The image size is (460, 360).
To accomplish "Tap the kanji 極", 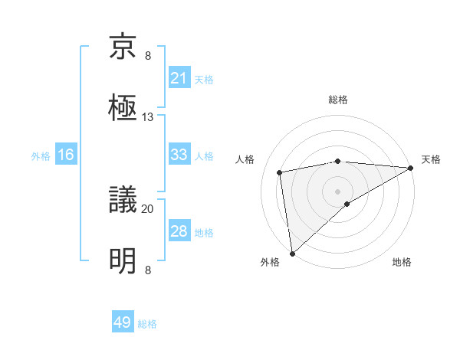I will pyautogui.click(x=123, y=107).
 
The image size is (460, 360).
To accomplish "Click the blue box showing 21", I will pyautogui.click(x=179, y=78).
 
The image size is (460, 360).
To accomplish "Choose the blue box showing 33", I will pyautogui.click(x=179, y=155).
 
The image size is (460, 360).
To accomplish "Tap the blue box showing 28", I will pyautogui.click(x=179, y=231).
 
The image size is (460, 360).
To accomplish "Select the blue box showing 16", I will pyautogui.click(x=65, y=155).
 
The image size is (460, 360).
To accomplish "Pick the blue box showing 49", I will pyautogui.click(x=123, y=322).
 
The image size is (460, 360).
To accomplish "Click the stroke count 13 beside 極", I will pyautogui.click(x=148, y=116).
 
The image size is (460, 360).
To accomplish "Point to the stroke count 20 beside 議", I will pyautogui.click(x=148, y=208).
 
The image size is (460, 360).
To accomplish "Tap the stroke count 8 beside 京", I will pyautogui.click(x=148, y=56).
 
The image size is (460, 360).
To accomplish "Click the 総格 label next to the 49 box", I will pyautogui.click(x=147, y=324).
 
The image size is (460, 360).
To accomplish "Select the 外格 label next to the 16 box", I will pyautogui.click(x=41, y=156).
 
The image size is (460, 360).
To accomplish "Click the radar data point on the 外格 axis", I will pyautogui.click(x=292, y=254).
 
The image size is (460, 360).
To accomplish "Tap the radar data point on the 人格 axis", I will pyautogui.click(x=281, y=172).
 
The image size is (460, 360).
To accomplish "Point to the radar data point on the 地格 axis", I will pyautogui.click(x=347, y=203).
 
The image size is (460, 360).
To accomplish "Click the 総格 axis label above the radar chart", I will pyautogui.click(x=338, y=100).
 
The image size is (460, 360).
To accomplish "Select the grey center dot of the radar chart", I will pyautogui.click(x=338, y=190).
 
